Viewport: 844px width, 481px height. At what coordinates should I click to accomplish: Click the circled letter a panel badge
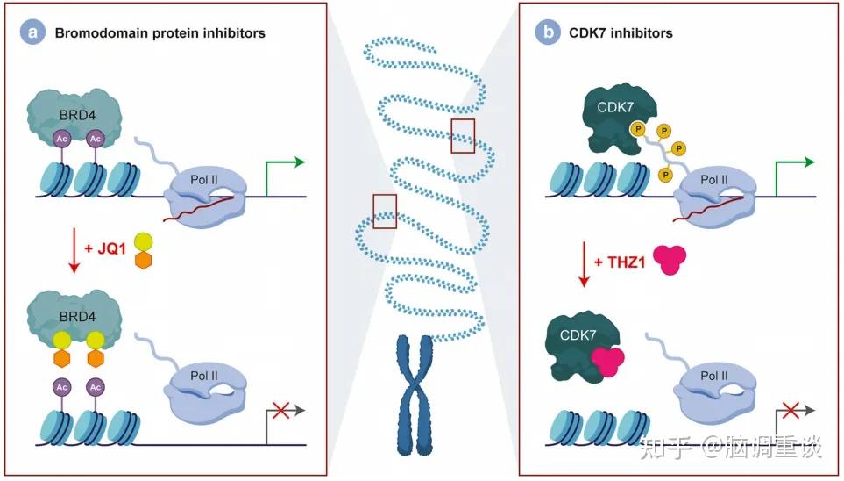click(x=35, y=33)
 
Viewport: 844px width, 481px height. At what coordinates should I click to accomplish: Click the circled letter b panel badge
click(x=549, y=33)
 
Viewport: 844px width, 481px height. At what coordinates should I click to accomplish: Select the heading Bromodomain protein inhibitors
click(x=160, y=33)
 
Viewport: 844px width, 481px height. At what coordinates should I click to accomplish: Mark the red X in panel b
click(x=791, y=409)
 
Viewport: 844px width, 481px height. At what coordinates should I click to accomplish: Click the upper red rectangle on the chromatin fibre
click(x=463, y=134)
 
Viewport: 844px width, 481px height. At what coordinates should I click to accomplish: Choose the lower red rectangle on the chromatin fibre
click(x=384, y=210)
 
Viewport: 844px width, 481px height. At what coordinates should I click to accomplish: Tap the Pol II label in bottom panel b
click(x=714, y=376)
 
